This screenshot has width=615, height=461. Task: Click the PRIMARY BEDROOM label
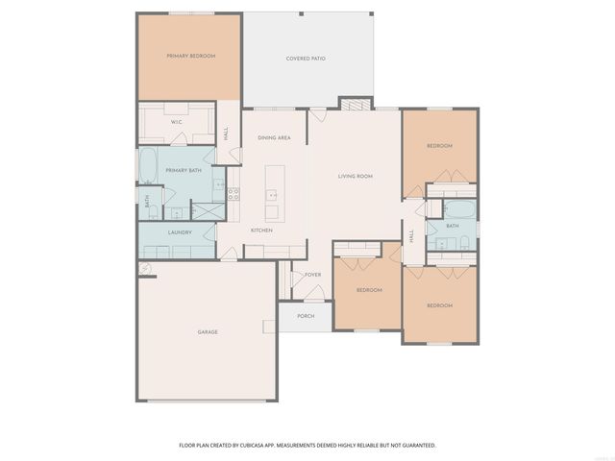pos(190,57)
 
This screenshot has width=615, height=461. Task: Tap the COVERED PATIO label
pos(306,59)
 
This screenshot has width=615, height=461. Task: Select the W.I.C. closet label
pos(177,122)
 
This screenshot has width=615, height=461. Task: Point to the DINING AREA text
pos(274,138)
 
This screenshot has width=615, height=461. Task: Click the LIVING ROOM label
pos(355,177)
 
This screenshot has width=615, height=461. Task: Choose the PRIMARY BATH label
pos(183,170)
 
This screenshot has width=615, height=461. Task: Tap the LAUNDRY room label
pos(180,232)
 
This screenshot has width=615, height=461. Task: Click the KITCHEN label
pos(261,230)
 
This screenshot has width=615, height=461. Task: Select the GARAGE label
pos(208,332)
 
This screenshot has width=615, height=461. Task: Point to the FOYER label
pos(313,275)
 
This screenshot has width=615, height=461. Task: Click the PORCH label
pos(306,316)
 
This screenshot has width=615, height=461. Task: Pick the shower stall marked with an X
pos(208,209)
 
